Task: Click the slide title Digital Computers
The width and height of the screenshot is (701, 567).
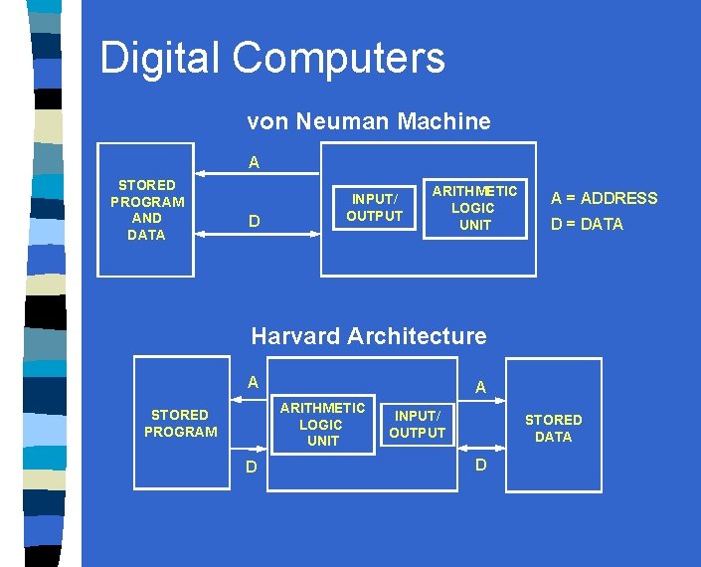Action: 272,58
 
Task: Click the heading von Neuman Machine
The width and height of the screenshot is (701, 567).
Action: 368,121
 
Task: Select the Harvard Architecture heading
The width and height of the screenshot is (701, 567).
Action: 368,336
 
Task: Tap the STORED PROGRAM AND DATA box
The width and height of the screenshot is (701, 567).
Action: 146,210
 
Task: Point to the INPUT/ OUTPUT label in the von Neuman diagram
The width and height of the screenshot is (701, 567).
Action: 374,207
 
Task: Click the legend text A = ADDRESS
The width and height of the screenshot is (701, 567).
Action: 604,198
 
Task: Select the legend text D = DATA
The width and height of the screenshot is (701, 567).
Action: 587,224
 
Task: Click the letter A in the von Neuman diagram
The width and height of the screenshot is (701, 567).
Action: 254,162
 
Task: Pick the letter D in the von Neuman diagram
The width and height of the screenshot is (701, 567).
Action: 254,221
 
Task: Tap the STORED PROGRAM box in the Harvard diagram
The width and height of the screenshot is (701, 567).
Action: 181,423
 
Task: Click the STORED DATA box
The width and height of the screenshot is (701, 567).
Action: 553,428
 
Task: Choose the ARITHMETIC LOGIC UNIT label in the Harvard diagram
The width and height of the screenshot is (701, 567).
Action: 322,424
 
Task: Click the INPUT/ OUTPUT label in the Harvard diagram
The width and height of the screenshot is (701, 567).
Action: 417,424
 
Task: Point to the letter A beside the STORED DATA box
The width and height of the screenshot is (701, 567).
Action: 480,387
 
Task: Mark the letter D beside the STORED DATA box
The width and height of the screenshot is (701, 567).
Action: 481,466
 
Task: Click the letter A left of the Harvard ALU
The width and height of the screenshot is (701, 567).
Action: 253,381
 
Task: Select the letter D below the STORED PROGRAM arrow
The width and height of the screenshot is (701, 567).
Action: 253,468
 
